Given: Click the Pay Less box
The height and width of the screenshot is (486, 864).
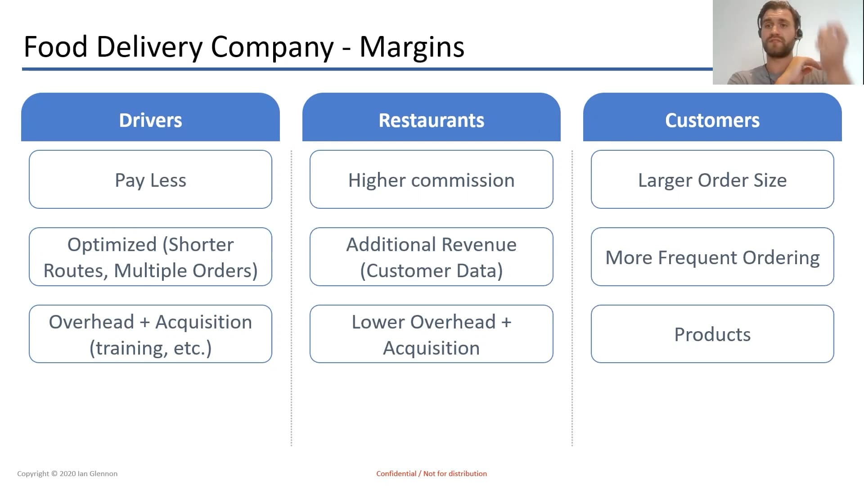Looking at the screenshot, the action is pyautogui.click(x=150, y=179).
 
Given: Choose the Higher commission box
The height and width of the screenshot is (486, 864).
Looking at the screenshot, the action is pyautogui.click(x=431, y=179).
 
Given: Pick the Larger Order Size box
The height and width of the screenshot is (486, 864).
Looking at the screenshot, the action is pyautogui.click(x=712, y=179).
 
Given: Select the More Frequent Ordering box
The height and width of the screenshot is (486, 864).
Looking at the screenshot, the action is pyautogui.click(x=712, y=256).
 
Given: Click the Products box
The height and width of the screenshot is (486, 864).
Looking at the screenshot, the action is pyautogui.click(x=712, y=334).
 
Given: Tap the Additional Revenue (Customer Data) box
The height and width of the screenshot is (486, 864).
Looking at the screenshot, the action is pyautogui.click(x=431, y=256).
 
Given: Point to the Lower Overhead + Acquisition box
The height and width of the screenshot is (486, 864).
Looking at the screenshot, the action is pyautogui.click(x=431, y=334).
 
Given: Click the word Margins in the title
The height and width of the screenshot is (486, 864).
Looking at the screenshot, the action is pyautogui.click(x=412, y=47).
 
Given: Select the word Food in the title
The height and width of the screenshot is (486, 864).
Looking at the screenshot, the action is pyautogui.click(x=55, y=46).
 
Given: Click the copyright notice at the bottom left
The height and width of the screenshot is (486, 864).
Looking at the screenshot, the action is pyautogui.click(x=67, y=473).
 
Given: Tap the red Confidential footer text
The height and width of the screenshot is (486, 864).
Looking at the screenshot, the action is pyautogui.click(x=432, y=473).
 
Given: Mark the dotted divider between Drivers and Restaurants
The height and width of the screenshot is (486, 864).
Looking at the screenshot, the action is pyautogui.click(x=291, y=298).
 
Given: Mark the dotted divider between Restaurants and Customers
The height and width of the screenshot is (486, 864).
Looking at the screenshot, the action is pyautogui.click(x=572, y=298).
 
